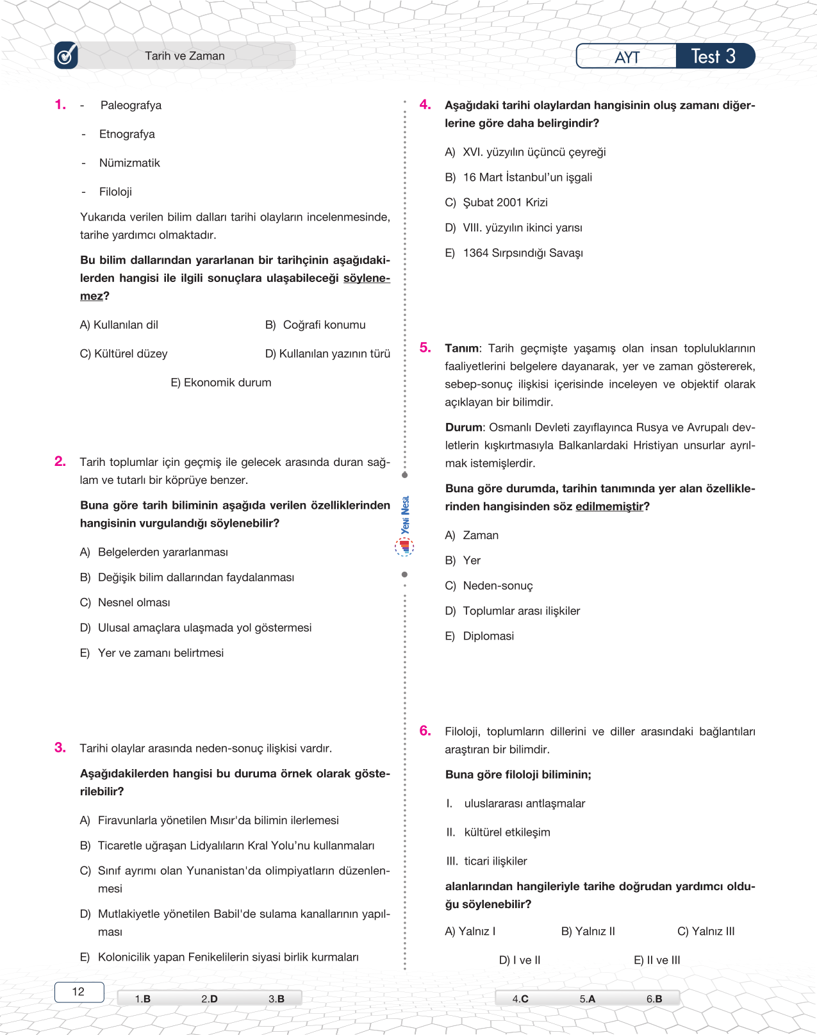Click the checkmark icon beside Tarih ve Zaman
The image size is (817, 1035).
66,56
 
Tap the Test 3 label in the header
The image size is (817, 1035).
714,56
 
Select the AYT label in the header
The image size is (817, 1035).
627,57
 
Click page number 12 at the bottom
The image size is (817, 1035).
78,991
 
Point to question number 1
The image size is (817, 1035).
60,104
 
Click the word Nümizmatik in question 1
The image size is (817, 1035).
129,163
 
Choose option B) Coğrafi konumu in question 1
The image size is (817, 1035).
315,325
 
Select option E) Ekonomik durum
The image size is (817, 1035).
220,383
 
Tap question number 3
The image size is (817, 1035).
60,747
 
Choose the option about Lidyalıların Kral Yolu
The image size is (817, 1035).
227,845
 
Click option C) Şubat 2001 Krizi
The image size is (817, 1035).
497,203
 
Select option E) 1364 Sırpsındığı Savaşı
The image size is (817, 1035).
515,253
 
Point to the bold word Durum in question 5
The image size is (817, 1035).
463,427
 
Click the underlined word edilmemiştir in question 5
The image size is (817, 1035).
609,506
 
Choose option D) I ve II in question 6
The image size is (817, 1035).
520,960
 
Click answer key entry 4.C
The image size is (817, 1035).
520,998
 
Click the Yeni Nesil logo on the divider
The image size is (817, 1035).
404,526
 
